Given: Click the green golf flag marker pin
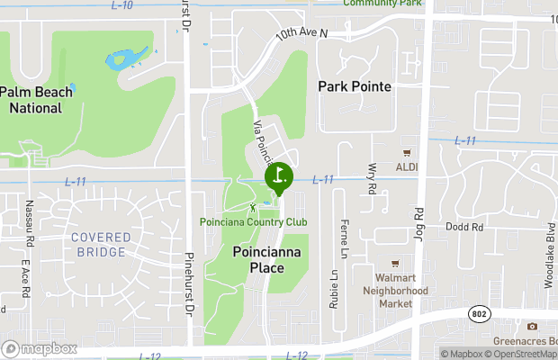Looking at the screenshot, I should [278, 176].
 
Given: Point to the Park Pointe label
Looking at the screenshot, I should [355, 86].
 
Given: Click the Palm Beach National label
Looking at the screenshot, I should [30, 100].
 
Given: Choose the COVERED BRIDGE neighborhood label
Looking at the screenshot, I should [100, 244].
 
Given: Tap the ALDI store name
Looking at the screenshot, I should [408, 167].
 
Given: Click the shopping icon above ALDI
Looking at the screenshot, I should [407, 153].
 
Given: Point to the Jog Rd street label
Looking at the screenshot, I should [418, 221].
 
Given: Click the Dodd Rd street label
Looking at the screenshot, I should [464, 228].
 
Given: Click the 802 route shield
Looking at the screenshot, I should [478, 312].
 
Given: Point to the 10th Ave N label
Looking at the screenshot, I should [301, 33].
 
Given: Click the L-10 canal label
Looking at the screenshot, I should [122, 5].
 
